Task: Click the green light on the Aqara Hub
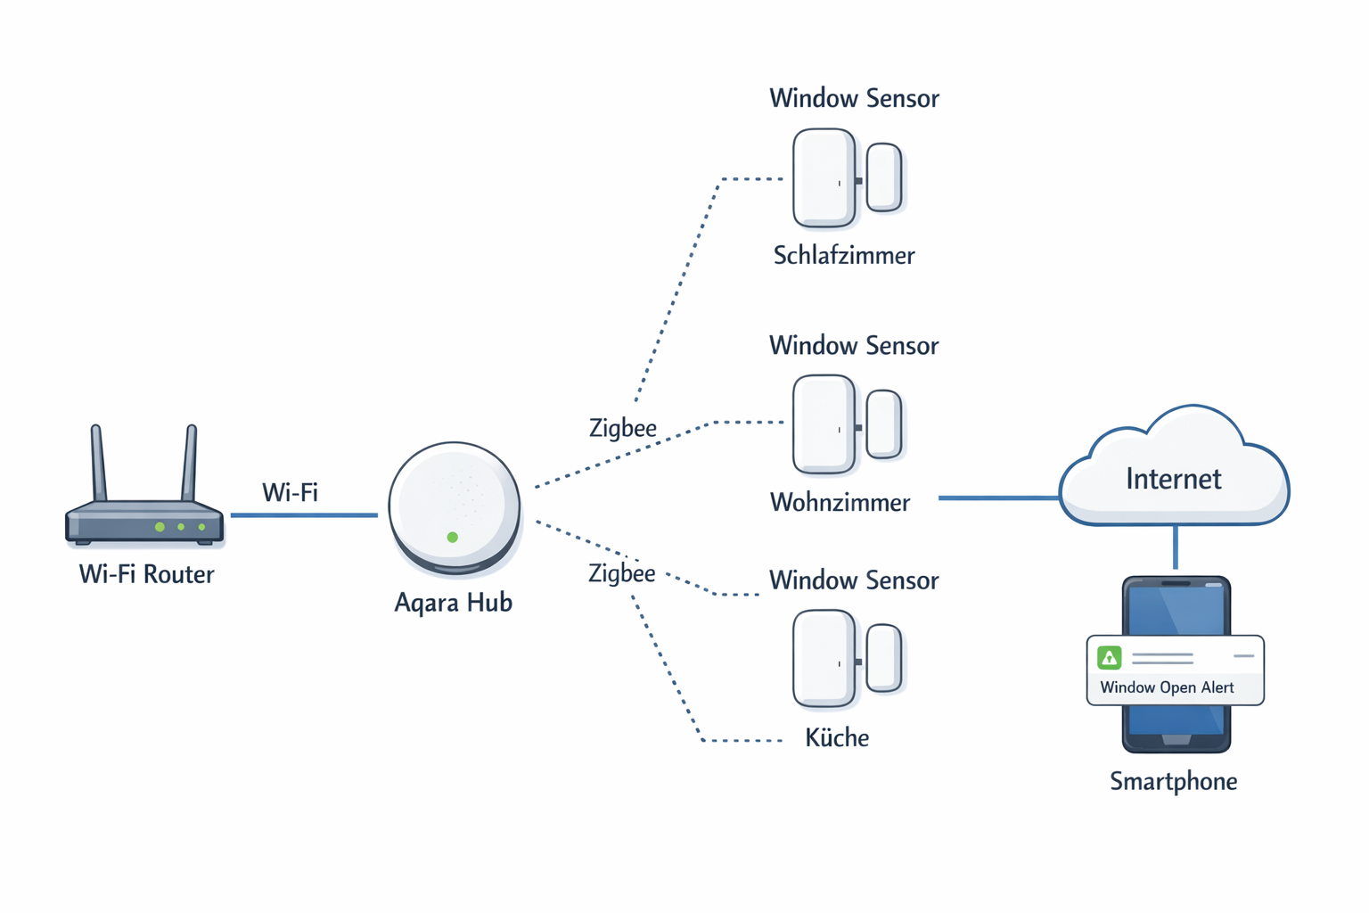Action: pyautogui.click(x=453, y=537)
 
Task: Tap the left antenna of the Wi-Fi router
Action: pyautogui.click(x=98, y=464)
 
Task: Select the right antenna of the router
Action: pyautogui.click(x=189, y=464)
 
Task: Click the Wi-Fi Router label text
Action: pyautogui.click(x=146, y=574)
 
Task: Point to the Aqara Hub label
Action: pyautogui.click(x=453, y=603)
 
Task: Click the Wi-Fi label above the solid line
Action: pyautogui.click(x=290, y=492)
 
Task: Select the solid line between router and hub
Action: pyautogui.click(x=303, y=514)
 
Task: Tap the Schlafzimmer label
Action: pyautogui.click(x=843, y=256)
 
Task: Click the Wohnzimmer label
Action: pyautogui.click(x=840, y=503)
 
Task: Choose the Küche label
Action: pyautogui.click(x=836, y=738)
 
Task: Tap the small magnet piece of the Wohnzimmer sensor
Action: pyautogui.click(x=884, y=424)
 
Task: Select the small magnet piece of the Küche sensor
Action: pyautogui.click(x=884, y=658)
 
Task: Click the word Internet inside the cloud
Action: pyautogui.click(x=1173, y=479)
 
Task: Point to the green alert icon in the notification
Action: pyautogui.click(x=1109, y=658)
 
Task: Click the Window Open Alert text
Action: pyautogui.click(x=1167, y=687)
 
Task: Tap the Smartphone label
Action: pyautogui.click(x=1173, y=782)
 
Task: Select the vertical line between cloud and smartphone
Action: pyautogui.click(x=1176, y=547)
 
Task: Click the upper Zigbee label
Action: pyautogui.click(x=622, y=428)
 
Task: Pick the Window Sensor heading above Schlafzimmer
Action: pyautogui.click(x=854, y=98)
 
